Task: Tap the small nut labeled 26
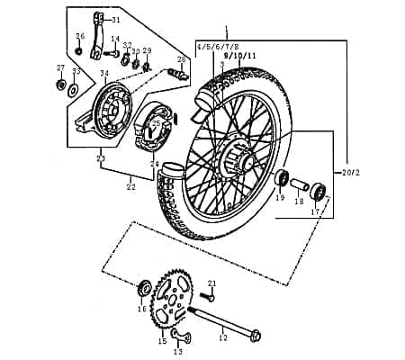coord(79,50)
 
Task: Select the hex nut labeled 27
coord(60,85)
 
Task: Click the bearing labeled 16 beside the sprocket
coord(143,289)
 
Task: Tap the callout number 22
coord(131,187)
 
